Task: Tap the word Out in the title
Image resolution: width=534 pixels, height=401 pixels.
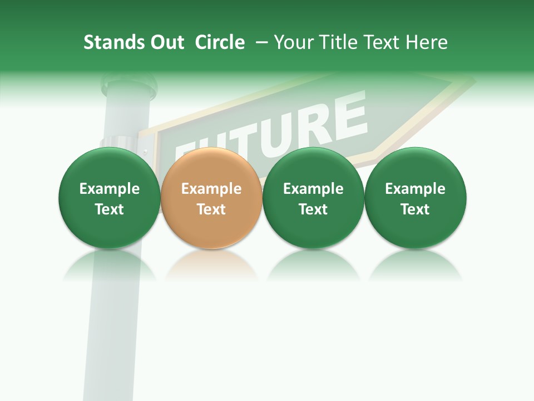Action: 165,42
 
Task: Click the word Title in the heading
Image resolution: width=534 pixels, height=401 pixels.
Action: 335,42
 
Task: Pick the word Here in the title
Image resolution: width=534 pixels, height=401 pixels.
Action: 427,42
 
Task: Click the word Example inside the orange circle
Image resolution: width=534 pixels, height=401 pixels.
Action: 211,189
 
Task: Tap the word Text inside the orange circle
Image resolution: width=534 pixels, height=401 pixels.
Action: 211,209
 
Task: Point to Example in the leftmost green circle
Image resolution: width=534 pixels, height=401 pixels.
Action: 109,189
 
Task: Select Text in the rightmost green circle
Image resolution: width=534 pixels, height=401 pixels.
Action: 416,209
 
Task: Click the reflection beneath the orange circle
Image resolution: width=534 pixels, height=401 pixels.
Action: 211,265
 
